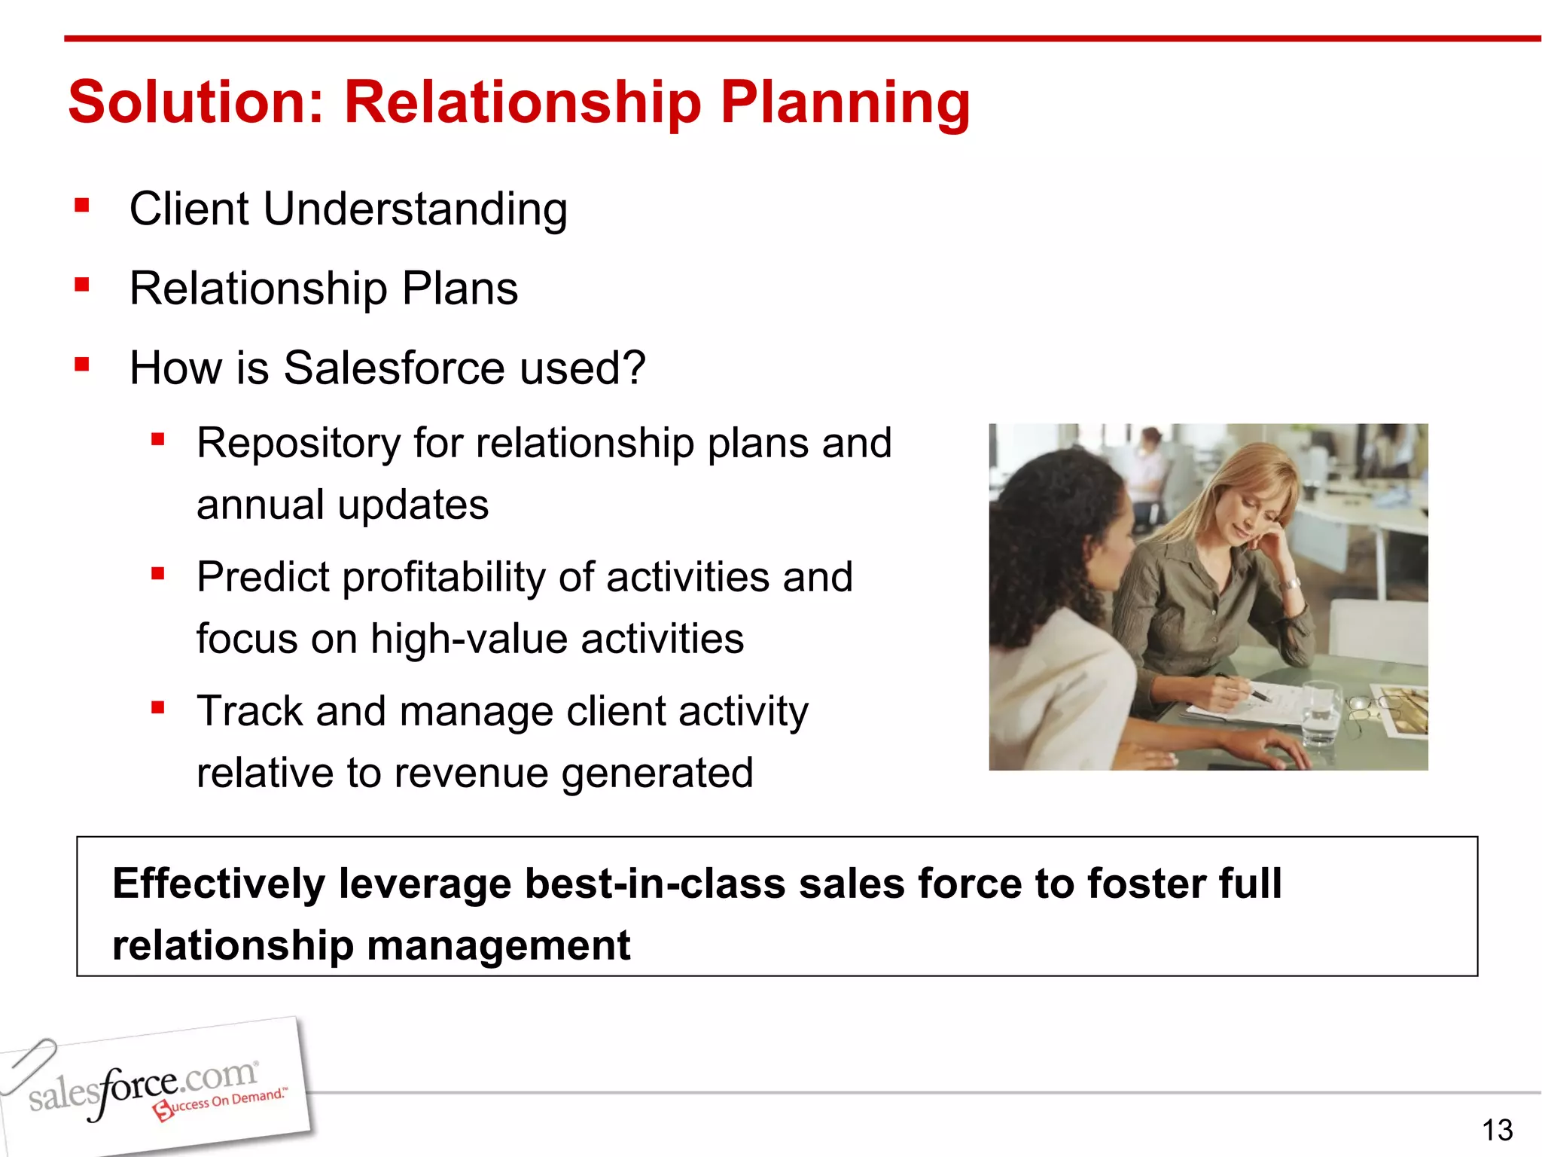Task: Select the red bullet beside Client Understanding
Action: (82, 206)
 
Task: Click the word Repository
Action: (298, 444)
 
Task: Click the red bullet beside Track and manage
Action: (157, 707)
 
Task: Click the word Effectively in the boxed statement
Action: (218, 884)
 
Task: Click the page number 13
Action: (1497, 1130)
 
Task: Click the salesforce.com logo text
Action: (143, 1087)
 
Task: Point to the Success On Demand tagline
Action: (221, 1104)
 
